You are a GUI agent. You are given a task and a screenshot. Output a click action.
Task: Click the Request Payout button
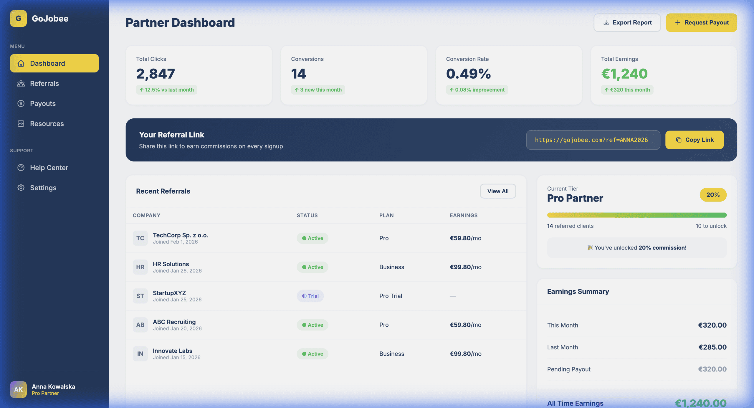(x=701, y=23)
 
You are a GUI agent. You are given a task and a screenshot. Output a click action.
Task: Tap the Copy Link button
(x=694, y=140)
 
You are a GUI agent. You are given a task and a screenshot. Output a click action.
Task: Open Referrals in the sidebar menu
(x=44, y=83)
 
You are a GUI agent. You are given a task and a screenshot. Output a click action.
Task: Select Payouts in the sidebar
(x=43, y=103)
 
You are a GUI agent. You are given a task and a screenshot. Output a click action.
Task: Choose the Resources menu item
(x=47, y=124)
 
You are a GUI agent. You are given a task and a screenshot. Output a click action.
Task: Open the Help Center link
(x=49, y=168)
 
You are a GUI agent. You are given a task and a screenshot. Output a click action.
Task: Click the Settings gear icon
(x=21, y=188)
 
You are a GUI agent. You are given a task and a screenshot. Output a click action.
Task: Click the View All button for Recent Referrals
(x=498, y=191)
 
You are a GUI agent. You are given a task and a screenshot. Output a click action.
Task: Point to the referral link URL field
(x=593, y=140)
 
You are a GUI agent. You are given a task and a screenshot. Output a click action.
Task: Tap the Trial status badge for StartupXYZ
(x=310, y=296)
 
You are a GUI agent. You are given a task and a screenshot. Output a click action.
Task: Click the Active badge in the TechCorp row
(x=312, y=238)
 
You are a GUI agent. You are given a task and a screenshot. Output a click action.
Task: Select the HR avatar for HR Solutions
(x=140, y=267)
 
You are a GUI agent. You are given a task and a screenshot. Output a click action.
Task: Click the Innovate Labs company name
(x=172, y=351)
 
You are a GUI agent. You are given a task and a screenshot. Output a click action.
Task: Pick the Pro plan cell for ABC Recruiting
(x=384, y=325)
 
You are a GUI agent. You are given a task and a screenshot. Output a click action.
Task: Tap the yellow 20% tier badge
(x=713, y=195)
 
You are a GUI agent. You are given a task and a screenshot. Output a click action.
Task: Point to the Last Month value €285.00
(x=712, y=347)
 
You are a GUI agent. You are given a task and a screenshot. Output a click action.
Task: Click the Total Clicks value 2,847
(x=156, y=74)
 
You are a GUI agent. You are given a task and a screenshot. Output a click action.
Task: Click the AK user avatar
(x=18, y=389)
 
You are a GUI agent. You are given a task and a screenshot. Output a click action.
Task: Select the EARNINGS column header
(x=463, y=215)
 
